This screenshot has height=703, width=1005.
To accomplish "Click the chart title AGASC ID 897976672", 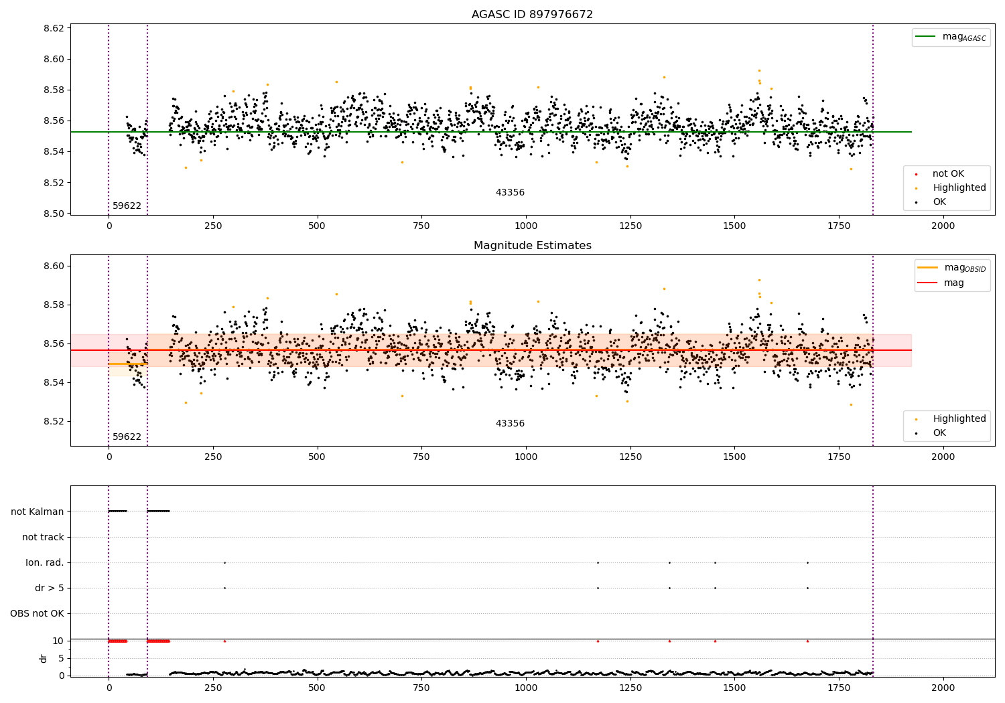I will tap(532, 15).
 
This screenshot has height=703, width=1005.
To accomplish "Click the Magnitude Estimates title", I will tap(532, 246).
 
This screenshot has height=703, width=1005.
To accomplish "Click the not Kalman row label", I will tap(38, 512).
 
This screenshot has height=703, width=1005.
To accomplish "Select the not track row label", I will tap(43, 537).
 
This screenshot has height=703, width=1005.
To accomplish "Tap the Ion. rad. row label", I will tap(45, 562).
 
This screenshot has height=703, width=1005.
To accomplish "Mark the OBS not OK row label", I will tap(37, 613).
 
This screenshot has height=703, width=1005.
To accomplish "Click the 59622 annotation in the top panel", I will tap(127, 206).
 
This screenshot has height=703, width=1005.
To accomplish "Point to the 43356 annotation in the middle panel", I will tap(510, 424).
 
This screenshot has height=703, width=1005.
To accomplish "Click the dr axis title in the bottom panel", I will tap(44, 658).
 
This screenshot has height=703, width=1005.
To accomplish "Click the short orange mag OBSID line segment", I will tap(127, 364).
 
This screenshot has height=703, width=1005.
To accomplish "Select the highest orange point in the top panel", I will tap(759, 70).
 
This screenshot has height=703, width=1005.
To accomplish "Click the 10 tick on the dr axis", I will tap(58, 641).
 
